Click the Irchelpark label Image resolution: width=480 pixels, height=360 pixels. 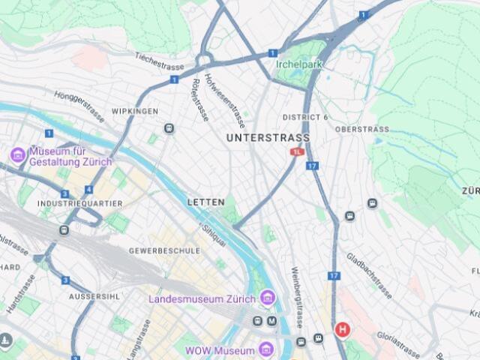298,64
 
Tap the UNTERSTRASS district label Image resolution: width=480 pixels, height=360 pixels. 267,138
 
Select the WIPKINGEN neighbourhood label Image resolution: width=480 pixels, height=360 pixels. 135,111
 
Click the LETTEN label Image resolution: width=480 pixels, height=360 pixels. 205,202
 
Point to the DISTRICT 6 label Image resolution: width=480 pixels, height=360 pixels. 305,118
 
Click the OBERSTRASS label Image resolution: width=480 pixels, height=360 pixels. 362,129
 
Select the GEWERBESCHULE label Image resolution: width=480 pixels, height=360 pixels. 164,250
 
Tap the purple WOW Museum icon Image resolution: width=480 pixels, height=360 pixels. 265,349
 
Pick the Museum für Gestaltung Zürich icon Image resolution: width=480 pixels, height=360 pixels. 17,154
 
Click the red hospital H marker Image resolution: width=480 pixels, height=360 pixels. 343,329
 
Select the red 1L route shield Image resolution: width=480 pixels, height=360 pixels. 297,151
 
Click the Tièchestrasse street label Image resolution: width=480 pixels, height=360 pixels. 160,61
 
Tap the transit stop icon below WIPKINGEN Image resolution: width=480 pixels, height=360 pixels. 169,128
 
